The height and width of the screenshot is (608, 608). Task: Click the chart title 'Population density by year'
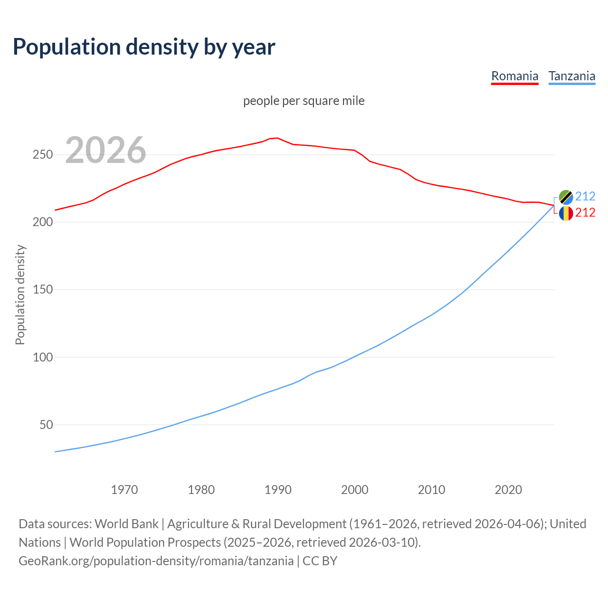[x=144, y=47]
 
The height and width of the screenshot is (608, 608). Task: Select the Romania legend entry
[x=514, y=76]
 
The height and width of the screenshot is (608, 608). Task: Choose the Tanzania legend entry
[x=571, y=76]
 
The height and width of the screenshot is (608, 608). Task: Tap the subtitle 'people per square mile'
[x=304, y=101]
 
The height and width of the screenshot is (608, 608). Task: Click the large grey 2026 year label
[x=105, y=150]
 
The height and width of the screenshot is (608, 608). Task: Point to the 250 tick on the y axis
[x=43, y=155]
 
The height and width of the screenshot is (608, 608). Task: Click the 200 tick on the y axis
[x=43, y=222]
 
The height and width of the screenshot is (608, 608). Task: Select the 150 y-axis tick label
[x=43, y=290]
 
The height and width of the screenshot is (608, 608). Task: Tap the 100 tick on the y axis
[x=43, y=357]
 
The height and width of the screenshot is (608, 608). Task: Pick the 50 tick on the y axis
[x=46, y=425]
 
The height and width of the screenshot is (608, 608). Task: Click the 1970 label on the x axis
[x=124, y=489]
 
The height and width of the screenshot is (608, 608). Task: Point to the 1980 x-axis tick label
[x=201, y=489]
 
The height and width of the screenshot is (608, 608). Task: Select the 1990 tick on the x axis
[x=278, y=489]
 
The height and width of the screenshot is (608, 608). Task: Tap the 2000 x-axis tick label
[x=355, y=489]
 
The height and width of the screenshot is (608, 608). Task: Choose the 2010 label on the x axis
[x=431, y=489]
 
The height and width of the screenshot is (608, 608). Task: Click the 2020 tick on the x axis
[x=508, y=489]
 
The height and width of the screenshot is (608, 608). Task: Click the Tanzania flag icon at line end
[x=566, y=197]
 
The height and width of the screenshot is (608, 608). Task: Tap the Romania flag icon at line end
[x=566, y=213]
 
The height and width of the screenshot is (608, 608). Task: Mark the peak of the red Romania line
[x=277, y=138]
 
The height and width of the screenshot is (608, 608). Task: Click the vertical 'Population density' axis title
[x=20, y=294]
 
